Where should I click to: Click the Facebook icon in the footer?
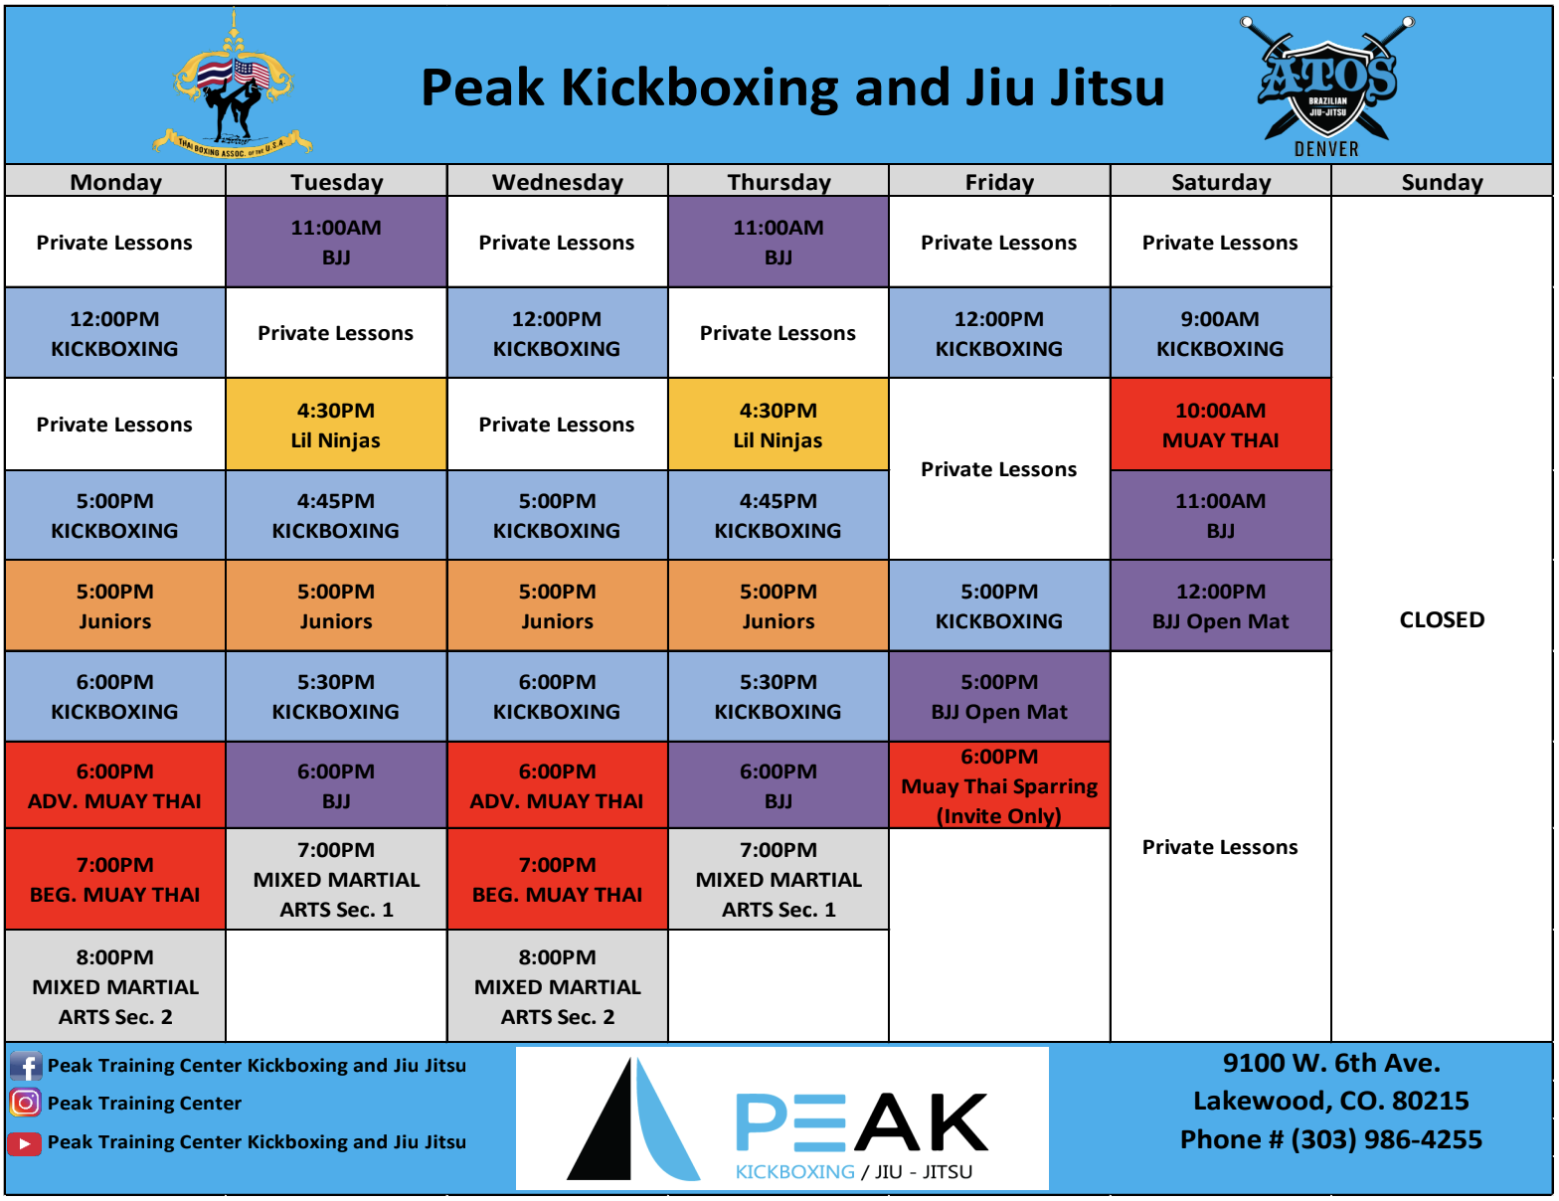25,1066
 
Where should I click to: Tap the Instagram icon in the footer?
25,1103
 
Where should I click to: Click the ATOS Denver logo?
1327,86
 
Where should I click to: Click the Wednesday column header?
558,182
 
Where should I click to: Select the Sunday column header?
1442,182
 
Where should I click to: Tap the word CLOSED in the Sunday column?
1442,619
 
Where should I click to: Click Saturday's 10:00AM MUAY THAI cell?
1220,425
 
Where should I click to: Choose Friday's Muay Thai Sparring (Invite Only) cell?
999,785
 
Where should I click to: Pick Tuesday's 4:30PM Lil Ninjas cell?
336,425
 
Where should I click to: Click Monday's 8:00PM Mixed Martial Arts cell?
114,986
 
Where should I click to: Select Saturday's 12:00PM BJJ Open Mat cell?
1220,606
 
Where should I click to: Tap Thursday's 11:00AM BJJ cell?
779,242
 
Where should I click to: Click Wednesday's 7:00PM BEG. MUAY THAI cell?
558,880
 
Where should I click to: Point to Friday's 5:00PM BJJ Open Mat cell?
999,697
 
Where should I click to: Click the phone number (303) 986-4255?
1386,1139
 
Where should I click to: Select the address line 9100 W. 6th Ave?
1331,1063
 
